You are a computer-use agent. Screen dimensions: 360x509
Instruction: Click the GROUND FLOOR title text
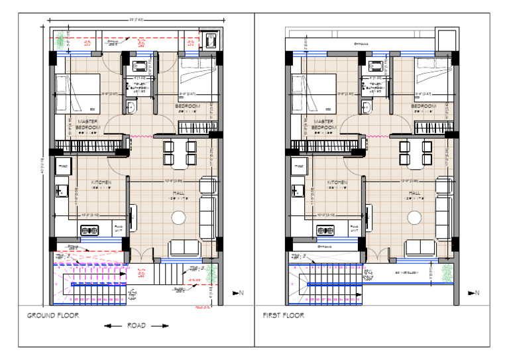(53, 316)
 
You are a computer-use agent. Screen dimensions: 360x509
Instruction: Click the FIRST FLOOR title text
(284, 316)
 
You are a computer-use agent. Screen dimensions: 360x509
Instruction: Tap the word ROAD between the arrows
(137, 326)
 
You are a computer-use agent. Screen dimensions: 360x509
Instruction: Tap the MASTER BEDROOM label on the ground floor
(88, 125)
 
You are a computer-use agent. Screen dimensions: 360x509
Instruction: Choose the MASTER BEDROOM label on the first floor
(324, 125)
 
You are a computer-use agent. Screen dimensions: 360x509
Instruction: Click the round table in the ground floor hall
(178, 217)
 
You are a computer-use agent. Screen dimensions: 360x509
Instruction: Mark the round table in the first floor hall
(415, 217)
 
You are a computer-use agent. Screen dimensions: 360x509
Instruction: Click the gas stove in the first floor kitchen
(325, 230)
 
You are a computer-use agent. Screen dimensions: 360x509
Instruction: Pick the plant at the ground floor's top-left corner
(62, 41)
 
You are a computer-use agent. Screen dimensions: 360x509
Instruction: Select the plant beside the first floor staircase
(447, 271)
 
